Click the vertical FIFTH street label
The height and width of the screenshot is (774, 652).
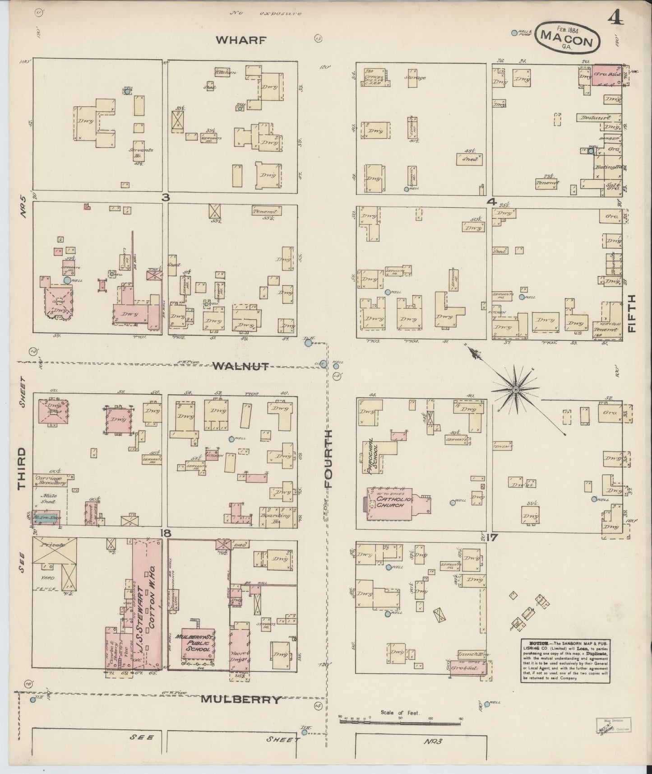click(x=632, y=314)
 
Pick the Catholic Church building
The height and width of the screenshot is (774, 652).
click(x=393, y=504)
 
